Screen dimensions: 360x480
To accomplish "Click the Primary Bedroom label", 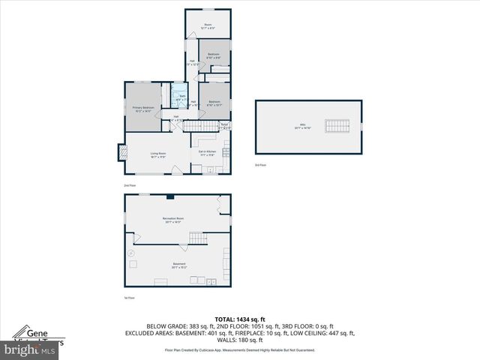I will tap(142, 109).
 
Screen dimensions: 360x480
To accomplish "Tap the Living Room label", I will tap(158, 154).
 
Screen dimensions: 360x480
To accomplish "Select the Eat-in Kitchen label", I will tap(208, 152).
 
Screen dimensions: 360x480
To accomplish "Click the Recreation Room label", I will tap(173, 220).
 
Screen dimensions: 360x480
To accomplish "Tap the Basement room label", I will tap(178, 265).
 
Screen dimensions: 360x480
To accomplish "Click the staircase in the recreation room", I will tap(196, 238).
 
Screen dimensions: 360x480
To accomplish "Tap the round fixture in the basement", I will tap(132, 254).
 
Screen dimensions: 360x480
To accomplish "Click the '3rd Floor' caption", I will tap(260, 164).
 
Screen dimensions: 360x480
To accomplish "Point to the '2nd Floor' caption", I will tap(130, 184).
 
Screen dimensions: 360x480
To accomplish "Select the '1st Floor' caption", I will tap(130, 298).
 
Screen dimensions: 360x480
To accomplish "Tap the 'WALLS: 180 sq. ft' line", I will tap(240, 340).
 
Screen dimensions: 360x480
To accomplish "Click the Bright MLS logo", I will tap(30, 349).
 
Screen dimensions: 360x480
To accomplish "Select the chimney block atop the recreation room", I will tap(172, 196).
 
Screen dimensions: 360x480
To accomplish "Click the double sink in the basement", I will tap(211, 281).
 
